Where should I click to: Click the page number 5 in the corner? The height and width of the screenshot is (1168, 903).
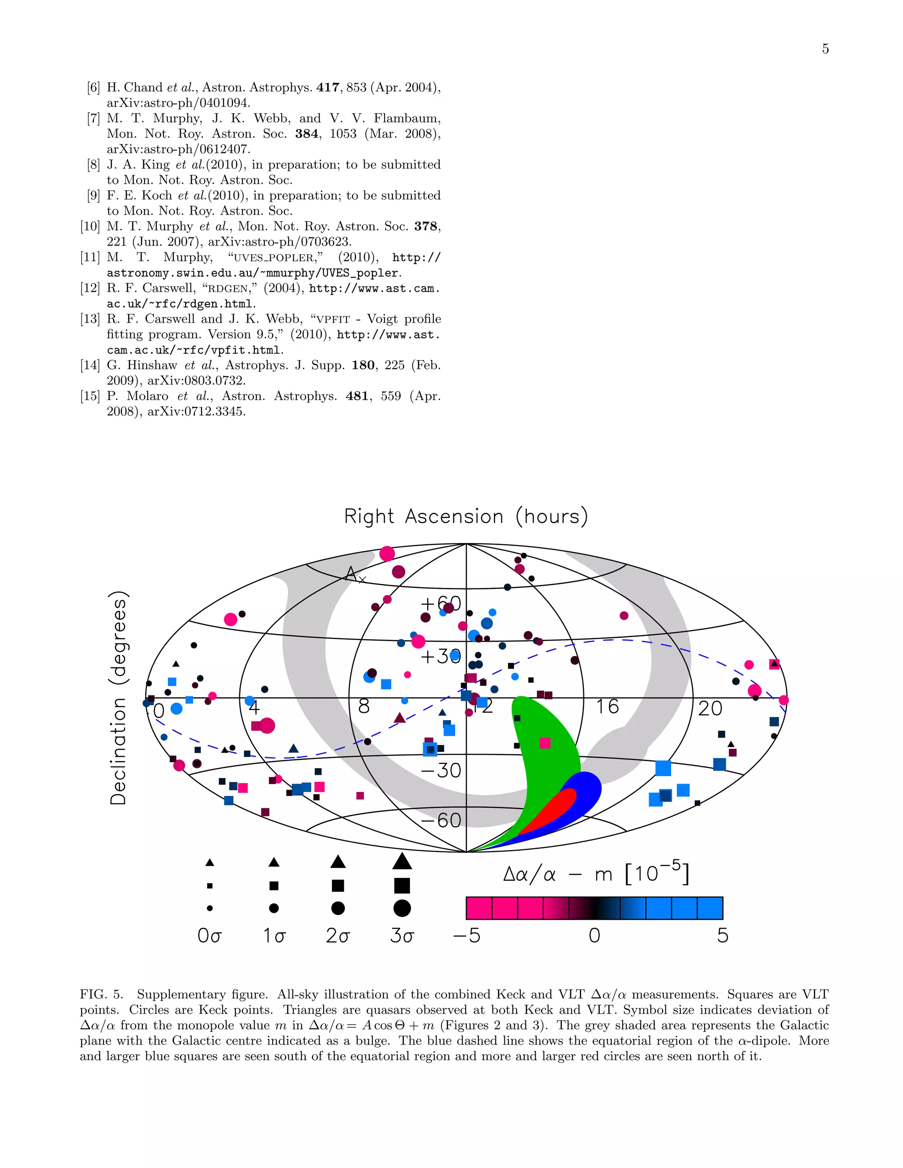click(825, 49)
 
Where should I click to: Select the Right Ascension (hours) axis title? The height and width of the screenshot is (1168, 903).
click(466, 517)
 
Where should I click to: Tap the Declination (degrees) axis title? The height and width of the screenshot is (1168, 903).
click(118, 697)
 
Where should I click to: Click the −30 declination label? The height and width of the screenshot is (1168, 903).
click(441, 770)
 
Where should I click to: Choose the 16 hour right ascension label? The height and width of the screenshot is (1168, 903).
click(607, 707)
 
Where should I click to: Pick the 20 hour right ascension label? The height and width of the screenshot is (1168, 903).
click(710, 709)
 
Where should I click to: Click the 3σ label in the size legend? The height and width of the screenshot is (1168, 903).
click(402, 935)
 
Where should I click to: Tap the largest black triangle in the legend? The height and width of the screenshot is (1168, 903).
click(402, 861)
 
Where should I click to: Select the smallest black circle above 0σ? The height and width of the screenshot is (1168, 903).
click(210, 908)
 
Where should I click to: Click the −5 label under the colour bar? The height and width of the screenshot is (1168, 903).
click(466, 935)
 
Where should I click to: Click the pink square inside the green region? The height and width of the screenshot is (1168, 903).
click(545, 743)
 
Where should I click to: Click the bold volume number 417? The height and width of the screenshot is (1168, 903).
click(328, 87)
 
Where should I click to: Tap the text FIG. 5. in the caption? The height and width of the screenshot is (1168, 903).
click(101, 994)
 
